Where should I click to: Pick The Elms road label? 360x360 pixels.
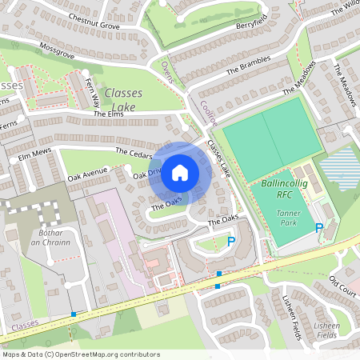point(110,115)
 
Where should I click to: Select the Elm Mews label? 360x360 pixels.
point(34,151)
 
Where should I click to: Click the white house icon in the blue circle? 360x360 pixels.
point(180,172)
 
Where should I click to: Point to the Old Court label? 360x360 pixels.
point(342,286)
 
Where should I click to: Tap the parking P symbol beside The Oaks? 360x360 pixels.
point(232,240)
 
